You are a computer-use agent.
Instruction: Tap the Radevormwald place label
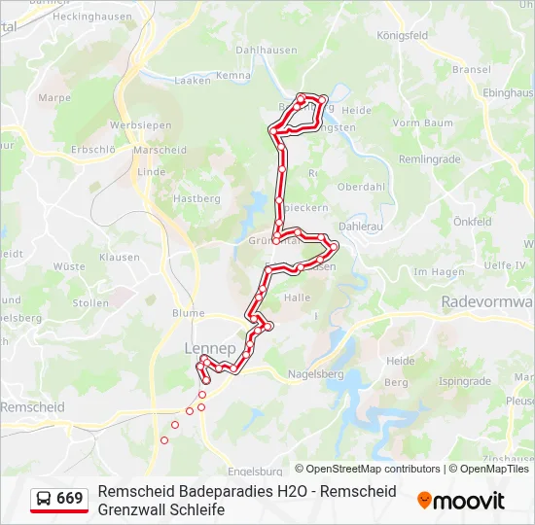point(487,302)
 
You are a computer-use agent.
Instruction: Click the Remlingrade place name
point(428,157)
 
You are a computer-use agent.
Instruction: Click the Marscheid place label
point(160,151)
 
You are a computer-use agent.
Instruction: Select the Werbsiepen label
point(140,125)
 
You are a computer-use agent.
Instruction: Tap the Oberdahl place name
point(361,187)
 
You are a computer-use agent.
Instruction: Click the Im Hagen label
point(439,272)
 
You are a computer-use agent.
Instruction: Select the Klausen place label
point(120,258)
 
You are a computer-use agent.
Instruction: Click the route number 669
point(69,499)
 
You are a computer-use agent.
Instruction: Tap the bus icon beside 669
point(44,499)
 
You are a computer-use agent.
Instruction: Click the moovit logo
point(461,501)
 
